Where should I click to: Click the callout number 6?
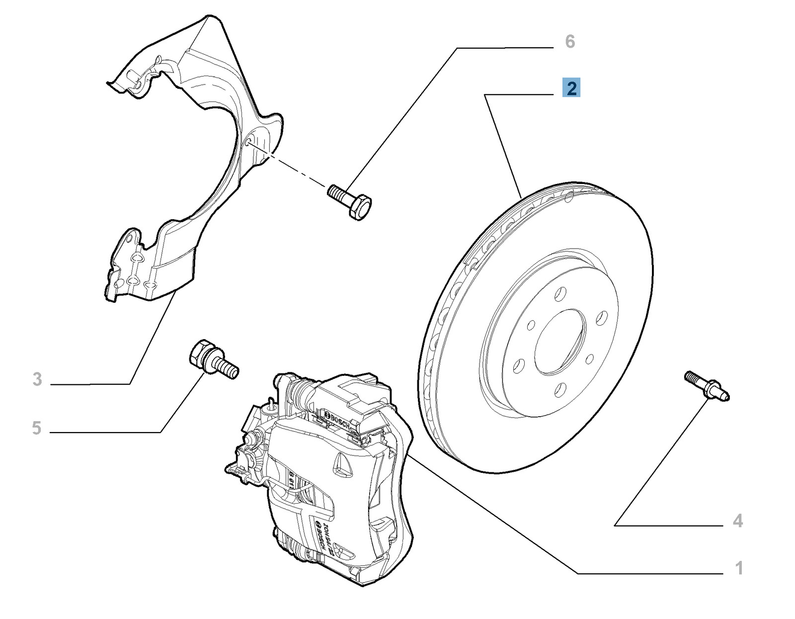click(x=570, y=42)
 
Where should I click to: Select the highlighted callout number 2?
click(x=571, y=88)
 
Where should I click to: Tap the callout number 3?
click(x=37, y=379)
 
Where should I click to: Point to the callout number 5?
click(x=36, y=428)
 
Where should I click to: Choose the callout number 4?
click(x=738, y=521)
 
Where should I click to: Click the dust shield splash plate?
click(x=199, y=149)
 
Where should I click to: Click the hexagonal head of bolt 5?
click(x=202, y=354)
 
